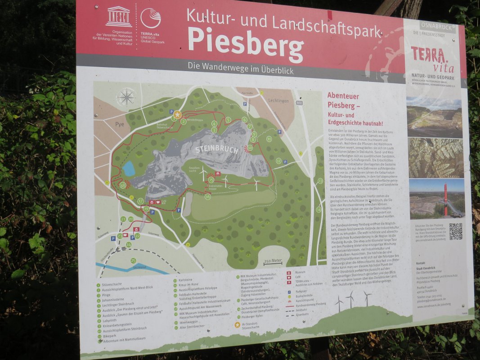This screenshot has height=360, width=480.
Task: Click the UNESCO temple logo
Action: tap(119, 17)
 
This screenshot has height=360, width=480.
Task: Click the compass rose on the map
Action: tap(126, 97)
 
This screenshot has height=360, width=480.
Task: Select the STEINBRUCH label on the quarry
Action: tap(217, 149)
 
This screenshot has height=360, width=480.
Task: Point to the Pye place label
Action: tap(119, 124)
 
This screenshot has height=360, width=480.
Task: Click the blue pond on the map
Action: tap(129, 168)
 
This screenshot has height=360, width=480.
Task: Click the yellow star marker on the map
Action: tap(177, 115)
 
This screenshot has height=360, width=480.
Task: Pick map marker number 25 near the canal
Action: tap(133, 261)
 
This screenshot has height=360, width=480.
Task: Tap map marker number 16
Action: tap(207, 197)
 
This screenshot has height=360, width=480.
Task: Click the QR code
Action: tap(455, 231)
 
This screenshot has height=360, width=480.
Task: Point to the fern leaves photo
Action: tap(435, 158)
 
